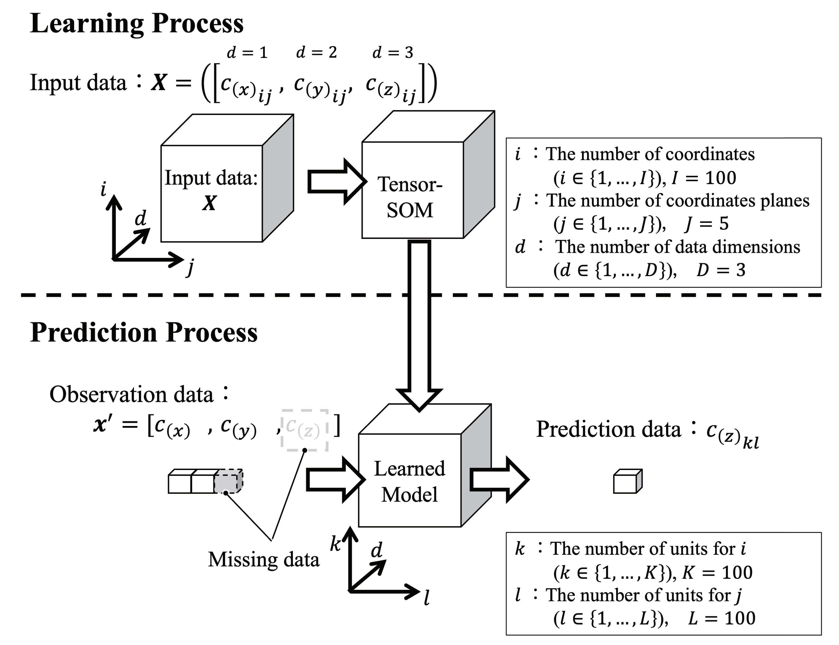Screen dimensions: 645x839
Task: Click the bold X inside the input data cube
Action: tap(210, 203)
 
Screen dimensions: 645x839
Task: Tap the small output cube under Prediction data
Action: tap(627, 482)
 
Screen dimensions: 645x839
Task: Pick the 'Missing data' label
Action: tap(263, 559)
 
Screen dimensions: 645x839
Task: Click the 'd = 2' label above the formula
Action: tap(317, 52)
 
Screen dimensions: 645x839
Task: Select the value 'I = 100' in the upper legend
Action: tap(703, 178)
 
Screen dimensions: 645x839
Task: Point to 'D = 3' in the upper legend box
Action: tap(720, 270)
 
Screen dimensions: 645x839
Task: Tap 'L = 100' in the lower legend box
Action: tap(722, 618)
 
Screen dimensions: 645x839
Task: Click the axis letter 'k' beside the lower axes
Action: tap(335, 544)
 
